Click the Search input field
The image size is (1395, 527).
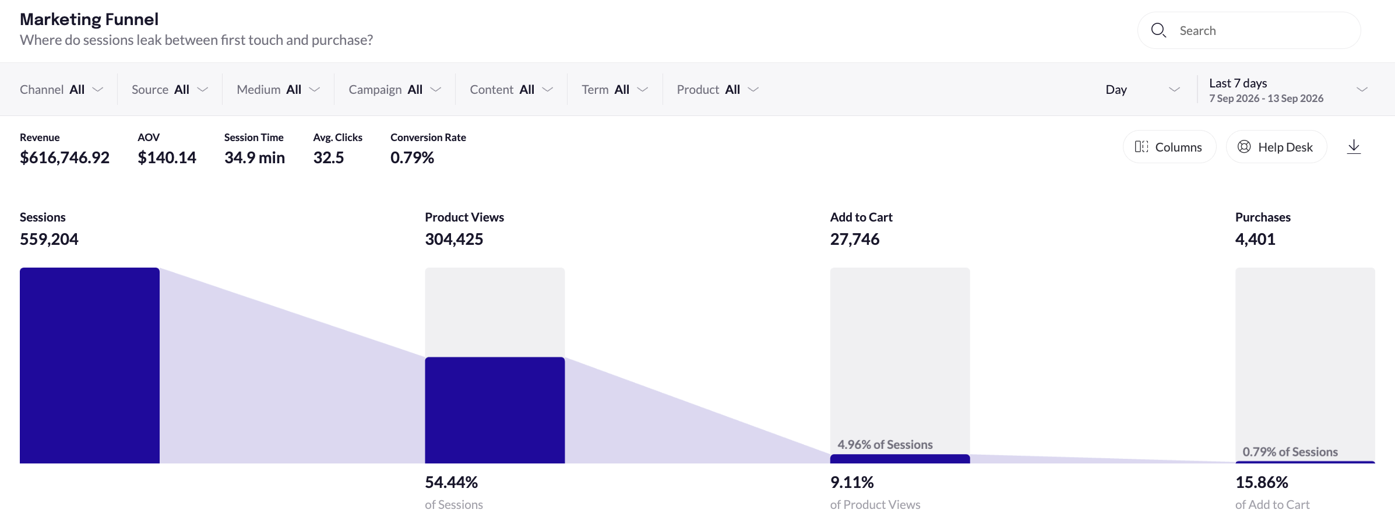[1249, 30]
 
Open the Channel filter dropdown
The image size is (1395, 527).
[62, 89]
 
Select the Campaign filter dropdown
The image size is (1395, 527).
[394, 89]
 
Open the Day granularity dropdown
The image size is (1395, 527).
[1143, 89]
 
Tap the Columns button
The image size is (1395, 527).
[1169, 147]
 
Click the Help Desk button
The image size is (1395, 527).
[1276, 147]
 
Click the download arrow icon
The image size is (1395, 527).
[1354, 147]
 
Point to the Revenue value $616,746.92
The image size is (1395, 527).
[65, 157]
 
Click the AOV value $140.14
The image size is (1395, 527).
[167, 157]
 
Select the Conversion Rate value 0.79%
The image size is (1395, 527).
[412, 157]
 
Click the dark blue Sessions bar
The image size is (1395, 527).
[90, 366]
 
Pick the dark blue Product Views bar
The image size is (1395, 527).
[495, 410]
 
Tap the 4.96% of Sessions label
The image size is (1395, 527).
[885, 444]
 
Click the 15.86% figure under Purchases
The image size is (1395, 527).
[1262, 482]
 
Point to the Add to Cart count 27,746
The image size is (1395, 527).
[855, 239]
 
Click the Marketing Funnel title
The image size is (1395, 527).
[89, 19]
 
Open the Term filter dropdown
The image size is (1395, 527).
[615, 89]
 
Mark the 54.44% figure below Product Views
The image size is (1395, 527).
[451, 482]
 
